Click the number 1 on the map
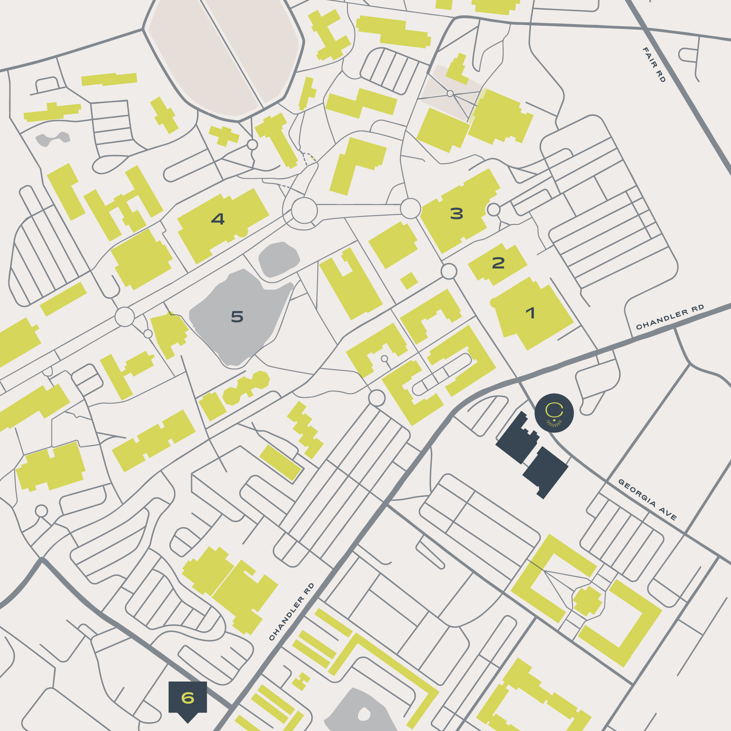click(x=530, y=313)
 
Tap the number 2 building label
click(x=498, y=263)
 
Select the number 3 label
click(x=457, y=214)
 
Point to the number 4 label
click(x=218, y=219)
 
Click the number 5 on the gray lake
click(x=237, y=317)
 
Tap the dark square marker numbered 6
click(x=188, y=698)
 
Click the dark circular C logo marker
click(x=554, y=413)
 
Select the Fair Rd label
click(x=654, y=64)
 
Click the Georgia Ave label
click(x=647, y=499)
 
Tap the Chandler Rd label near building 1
click(x=670, y=316)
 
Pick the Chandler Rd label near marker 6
click(x=292, y=611)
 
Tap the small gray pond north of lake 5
click(x=279, y=259)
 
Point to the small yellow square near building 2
click(x=409, y=281)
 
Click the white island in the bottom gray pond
click(x=364, y=715)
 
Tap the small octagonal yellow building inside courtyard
click(x=587, y=601)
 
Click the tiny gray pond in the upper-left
click(x=52, y=139)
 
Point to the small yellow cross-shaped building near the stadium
click(x=224, y=136)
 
